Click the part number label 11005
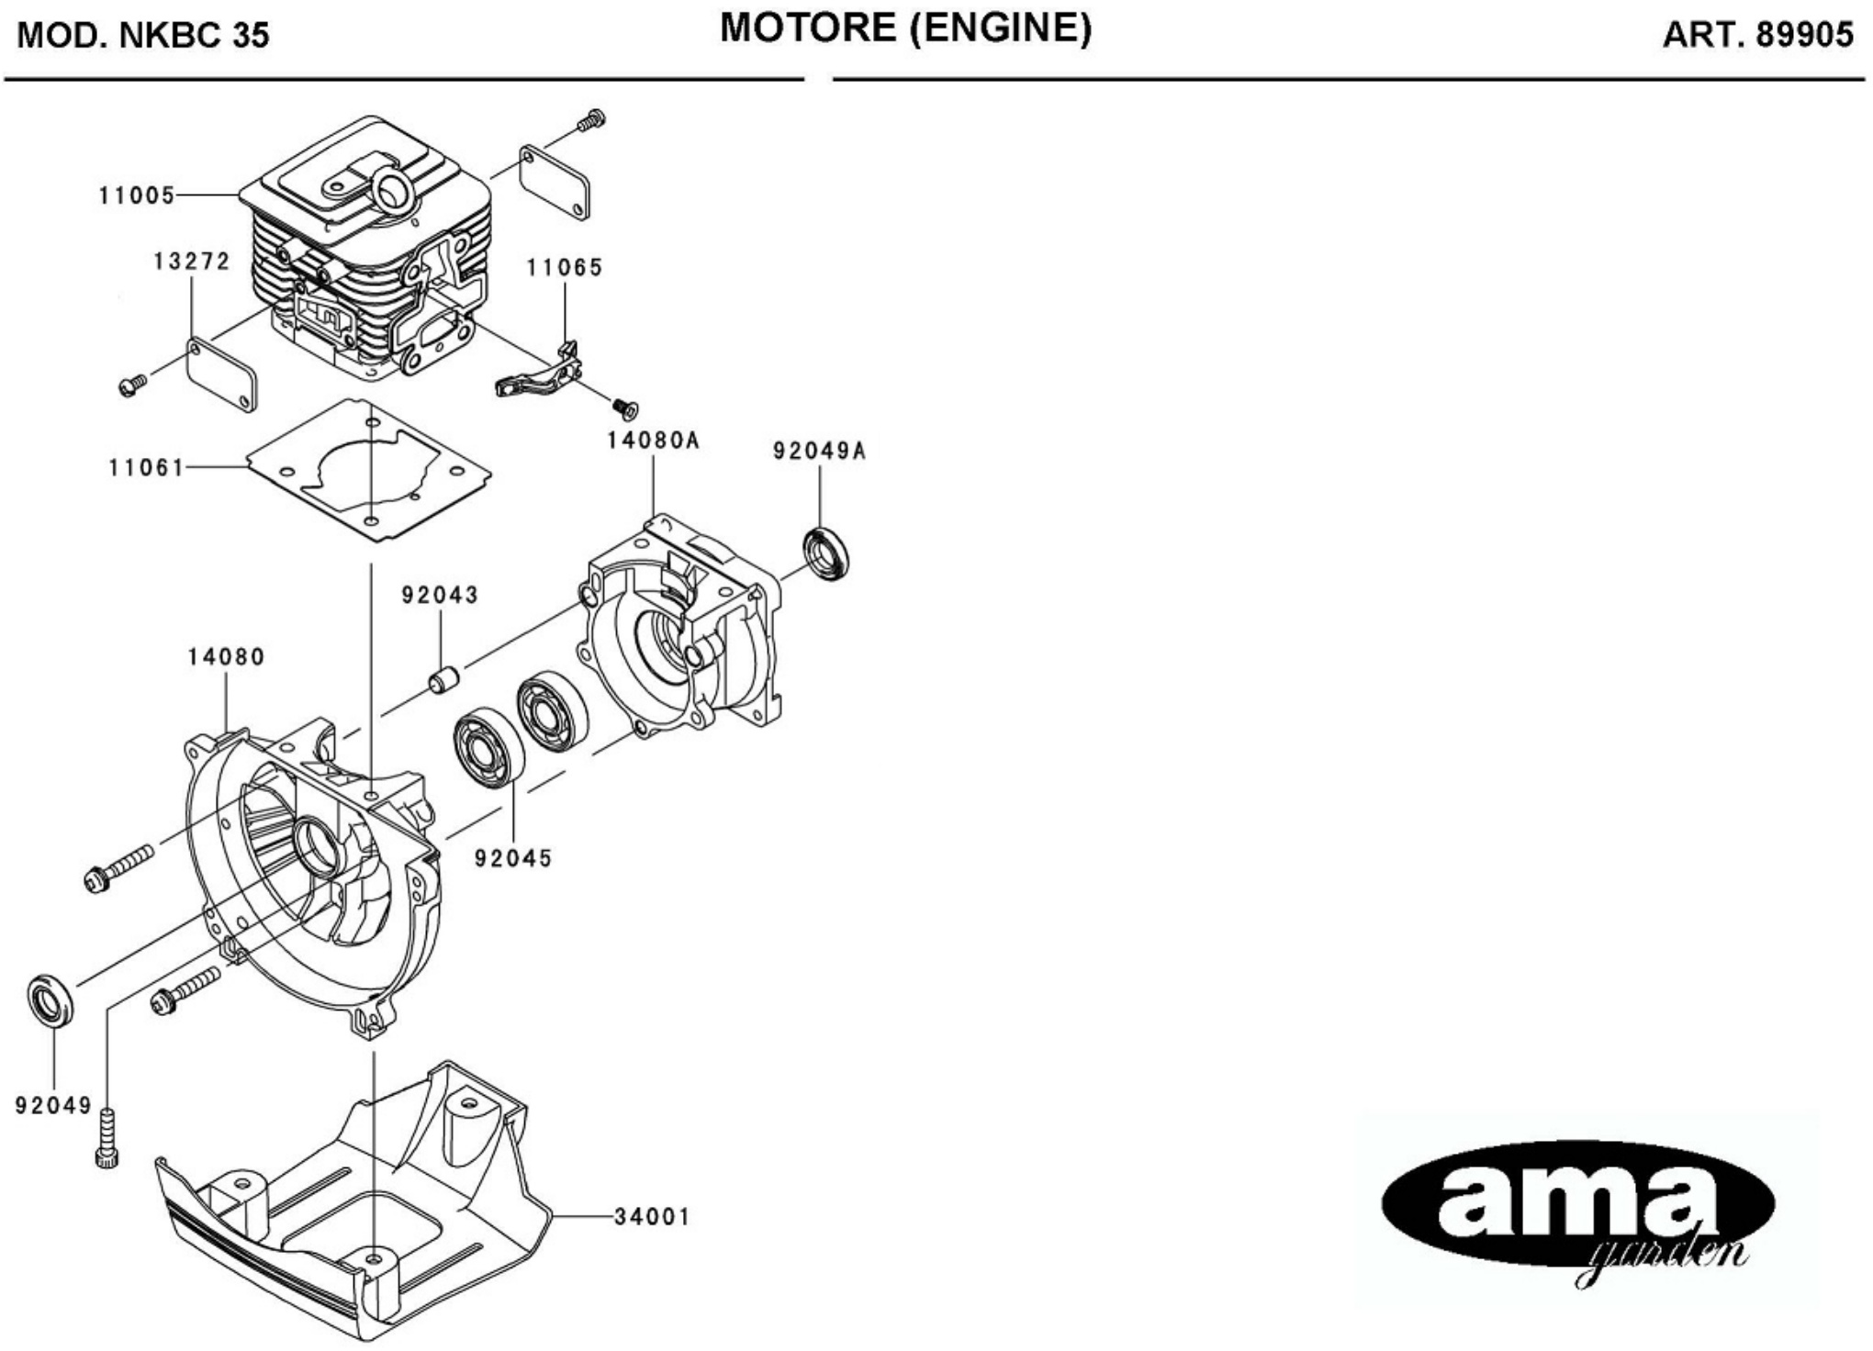(137, 195)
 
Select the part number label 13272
(191, 262)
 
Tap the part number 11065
(564, 267)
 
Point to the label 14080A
(653, 441)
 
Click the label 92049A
(819, 451)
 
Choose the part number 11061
(147, 468)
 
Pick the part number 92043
(440, 596)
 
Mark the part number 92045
(513, 858)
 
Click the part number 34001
(652, 1217)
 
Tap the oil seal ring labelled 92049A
(826, 553)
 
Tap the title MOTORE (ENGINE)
(905, 29)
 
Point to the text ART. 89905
(1757, 35)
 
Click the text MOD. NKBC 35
(143, 36)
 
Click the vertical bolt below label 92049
(107, 1139)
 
